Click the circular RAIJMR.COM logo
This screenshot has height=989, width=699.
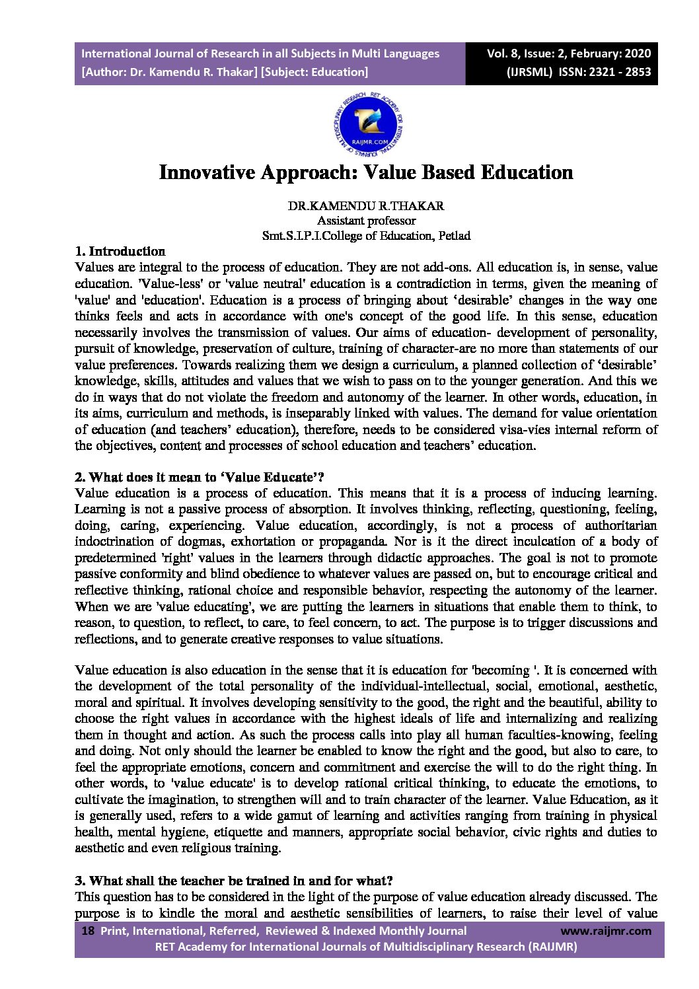[x=367, y=123]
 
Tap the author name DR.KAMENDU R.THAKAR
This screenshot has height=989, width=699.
[x=366, y=205]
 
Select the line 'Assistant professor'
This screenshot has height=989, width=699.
[x=366, y=221]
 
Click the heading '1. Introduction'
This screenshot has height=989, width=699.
[x=120, y=251]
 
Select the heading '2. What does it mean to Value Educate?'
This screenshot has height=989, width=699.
[x=200, y=477]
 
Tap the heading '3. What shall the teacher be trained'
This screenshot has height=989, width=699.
[x=235, y=881]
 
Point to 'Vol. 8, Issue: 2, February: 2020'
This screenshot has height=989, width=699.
[x=568, y=54]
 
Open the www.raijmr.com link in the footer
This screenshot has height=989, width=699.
[x=605, y=931]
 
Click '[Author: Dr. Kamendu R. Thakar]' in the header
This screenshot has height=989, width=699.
[x=170, y=72]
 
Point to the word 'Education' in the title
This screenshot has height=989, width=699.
[x=527, y=172]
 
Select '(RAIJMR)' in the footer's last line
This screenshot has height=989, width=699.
[x=553, y=947]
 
